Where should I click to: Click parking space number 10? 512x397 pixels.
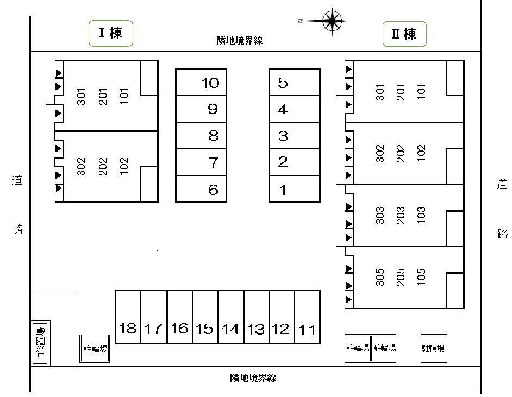pos(201,83)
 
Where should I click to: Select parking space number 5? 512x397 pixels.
pos(294,83)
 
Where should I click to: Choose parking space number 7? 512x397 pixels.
pos(201,162)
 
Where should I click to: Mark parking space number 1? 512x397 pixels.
pos(294,190)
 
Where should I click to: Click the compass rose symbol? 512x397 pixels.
pos(331,21)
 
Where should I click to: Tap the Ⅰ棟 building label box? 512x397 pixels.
pos(111,34)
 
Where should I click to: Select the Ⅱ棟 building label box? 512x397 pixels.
pos(404,34)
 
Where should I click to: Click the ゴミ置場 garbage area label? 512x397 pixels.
pos(41,343)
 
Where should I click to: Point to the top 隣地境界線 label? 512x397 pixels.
pos(239,41)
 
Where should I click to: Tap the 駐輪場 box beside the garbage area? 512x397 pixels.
pos(95,349)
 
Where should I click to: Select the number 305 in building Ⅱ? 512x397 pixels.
pos(380,277)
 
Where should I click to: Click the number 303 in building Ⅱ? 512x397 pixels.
pos(380,216)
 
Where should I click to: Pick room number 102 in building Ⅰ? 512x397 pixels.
pos(124,166)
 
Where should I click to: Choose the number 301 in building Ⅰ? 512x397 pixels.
pos(82,97)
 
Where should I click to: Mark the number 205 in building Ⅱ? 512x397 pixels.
pos(401,277)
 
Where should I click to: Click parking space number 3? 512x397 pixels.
pos(294,136)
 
